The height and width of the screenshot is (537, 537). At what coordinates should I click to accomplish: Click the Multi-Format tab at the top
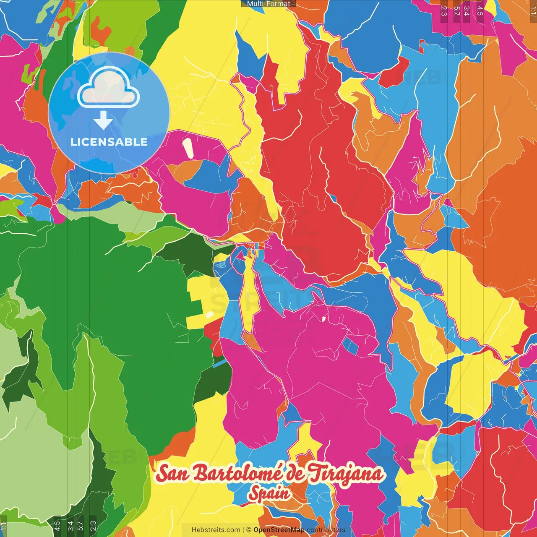click(x=268, y=4)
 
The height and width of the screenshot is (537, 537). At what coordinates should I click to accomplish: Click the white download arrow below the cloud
click(x=103, y=120)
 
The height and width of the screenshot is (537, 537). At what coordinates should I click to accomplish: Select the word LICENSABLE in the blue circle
click(x=109, y=142)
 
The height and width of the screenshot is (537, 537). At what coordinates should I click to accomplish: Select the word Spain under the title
click(x=269, y=493)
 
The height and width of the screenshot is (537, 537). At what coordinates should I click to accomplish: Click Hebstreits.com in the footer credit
click(x=216, y=530)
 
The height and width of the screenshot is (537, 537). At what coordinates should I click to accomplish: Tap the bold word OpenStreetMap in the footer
click(x=279, y=530)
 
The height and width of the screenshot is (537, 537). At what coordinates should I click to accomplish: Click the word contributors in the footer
click(x=326, y=530)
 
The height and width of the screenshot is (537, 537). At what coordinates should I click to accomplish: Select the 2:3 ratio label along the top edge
click(x=444, y=10)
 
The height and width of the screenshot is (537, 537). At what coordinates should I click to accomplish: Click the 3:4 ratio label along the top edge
click(x=467, y=10)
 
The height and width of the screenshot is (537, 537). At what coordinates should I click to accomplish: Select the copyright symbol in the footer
click(x=249, y=530)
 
